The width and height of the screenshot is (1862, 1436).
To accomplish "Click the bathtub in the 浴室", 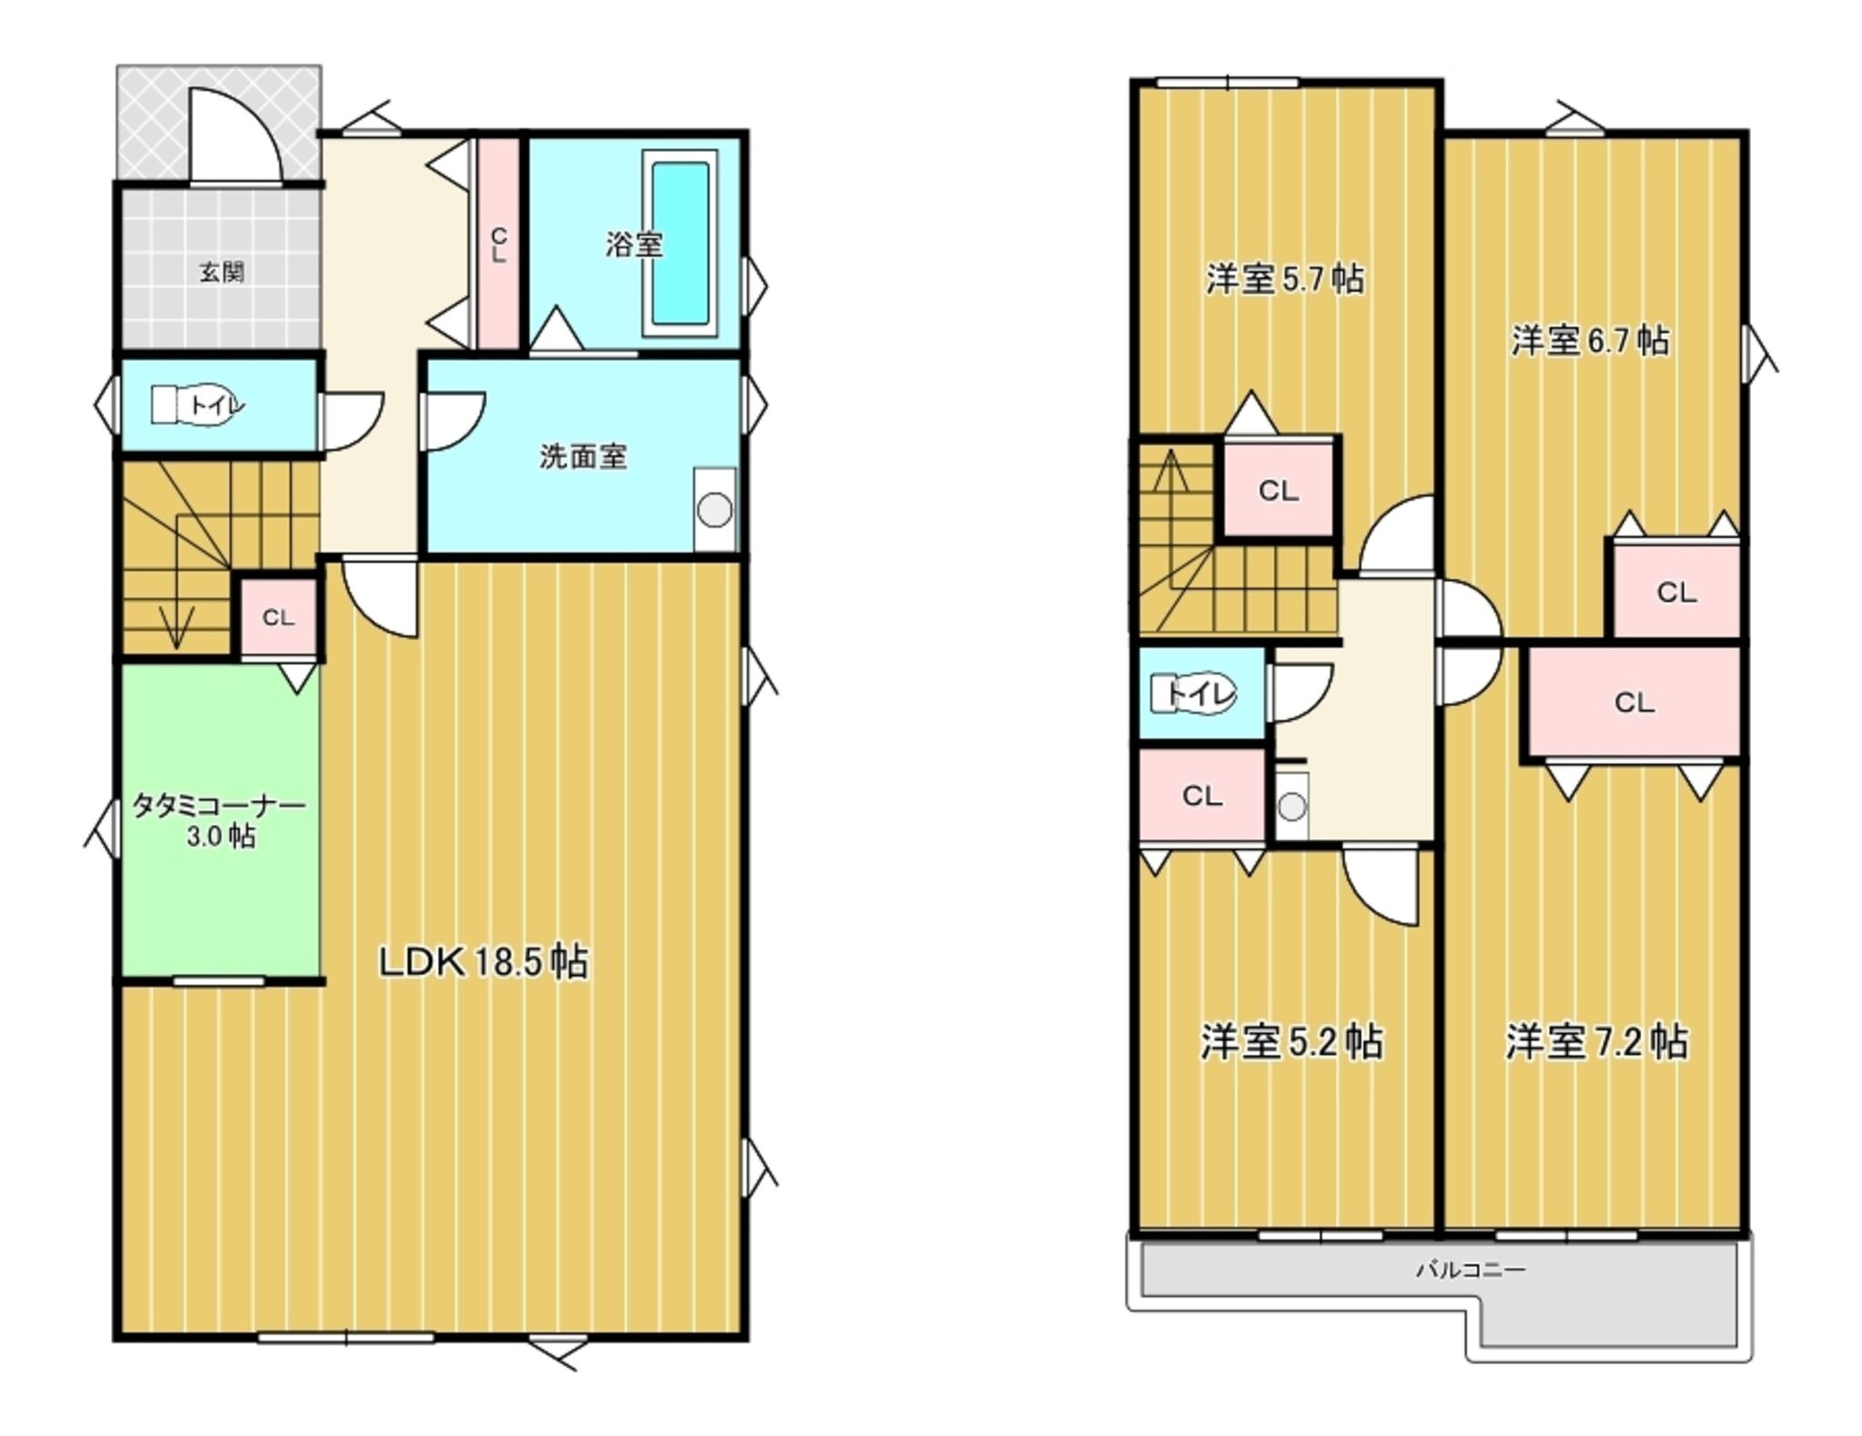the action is (680, 243).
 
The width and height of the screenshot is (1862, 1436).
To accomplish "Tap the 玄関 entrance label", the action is (222, 272).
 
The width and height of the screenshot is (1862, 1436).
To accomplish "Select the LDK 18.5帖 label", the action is (484, 961).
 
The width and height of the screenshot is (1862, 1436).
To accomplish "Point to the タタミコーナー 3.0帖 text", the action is (220, 821).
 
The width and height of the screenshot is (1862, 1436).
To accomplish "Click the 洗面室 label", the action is (583, 456).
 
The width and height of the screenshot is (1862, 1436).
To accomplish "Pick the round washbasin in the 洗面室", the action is (715, 510).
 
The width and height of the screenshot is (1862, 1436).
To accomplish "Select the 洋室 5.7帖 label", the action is (1285, 279).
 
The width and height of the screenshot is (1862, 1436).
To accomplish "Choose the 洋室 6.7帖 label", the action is (1590, 341).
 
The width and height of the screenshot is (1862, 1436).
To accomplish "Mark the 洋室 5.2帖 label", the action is (1292, 1042).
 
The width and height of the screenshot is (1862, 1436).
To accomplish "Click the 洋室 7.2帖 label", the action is (1597, 1042).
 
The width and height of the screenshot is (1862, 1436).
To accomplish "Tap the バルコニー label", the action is (1470, 1269).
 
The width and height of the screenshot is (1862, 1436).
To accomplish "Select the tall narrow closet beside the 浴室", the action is (498, 243).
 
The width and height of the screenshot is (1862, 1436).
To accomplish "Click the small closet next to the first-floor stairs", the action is (278, 618).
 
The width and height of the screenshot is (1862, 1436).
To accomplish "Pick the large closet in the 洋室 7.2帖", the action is (1634, 701).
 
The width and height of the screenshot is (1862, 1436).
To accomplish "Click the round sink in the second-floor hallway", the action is (1291, 806).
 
